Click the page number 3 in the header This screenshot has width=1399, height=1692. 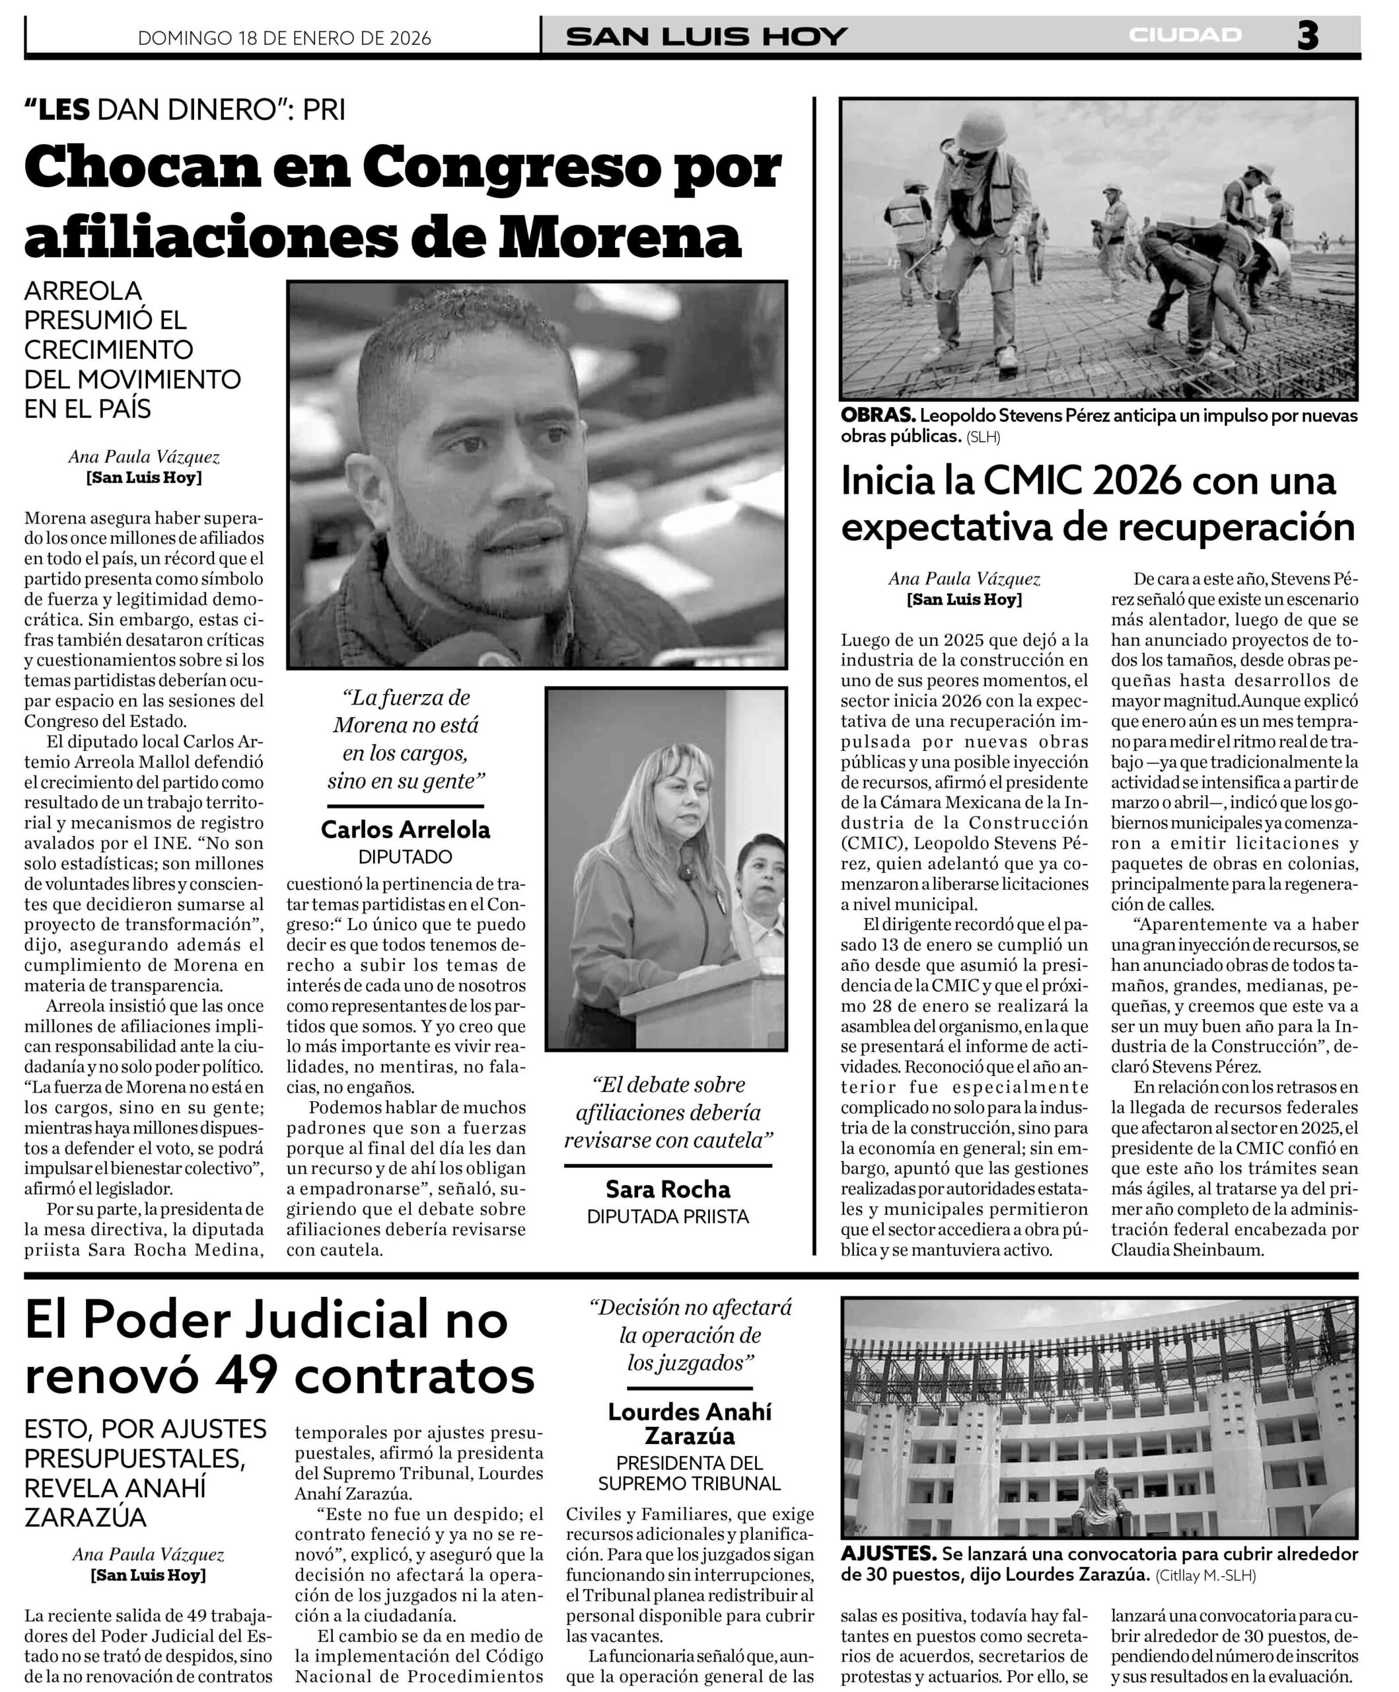(x=1307, y=36)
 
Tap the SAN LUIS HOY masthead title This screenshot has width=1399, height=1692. (x=706, y=36)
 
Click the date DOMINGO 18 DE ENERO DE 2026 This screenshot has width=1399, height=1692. (x=284, y=38)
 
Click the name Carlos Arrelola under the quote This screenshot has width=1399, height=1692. (x=405, y=829)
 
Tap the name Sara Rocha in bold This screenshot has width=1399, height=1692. (x=668, y=1189)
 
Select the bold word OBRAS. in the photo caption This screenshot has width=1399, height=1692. (x=877, y=416)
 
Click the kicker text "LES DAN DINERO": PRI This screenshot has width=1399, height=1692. (x=184, y=110)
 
